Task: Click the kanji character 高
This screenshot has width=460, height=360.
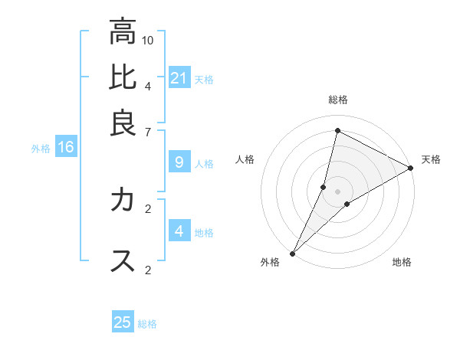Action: (123, 32)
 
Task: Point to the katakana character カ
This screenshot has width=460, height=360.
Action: (123, 201)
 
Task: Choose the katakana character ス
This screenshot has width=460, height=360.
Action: (123, 260)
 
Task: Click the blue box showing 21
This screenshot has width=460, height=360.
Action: (179, 78)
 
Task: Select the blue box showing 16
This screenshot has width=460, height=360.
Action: (65, 148)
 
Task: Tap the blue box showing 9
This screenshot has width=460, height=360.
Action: (179, 162)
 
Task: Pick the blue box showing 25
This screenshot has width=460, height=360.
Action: (123, 322)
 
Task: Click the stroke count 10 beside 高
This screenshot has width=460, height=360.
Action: (148, 40)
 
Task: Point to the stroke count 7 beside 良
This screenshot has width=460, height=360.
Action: (148, 131)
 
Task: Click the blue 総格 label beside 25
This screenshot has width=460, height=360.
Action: (147, 324)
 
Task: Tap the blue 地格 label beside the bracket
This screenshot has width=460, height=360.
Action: (204, 233)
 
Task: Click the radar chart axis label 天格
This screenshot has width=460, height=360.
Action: (432, 159)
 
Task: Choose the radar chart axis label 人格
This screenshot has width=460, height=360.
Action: (245, 159)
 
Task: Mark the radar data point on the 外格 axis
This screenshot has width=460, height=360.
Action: (292, 253)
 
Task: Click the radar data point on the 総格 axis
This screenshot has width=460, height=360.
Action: (337, 130)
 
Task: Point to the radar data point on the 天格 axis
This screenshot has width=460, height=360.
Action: (411, 168)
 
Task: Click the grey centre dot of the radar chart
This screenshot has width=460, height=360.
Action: (337, 191)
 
